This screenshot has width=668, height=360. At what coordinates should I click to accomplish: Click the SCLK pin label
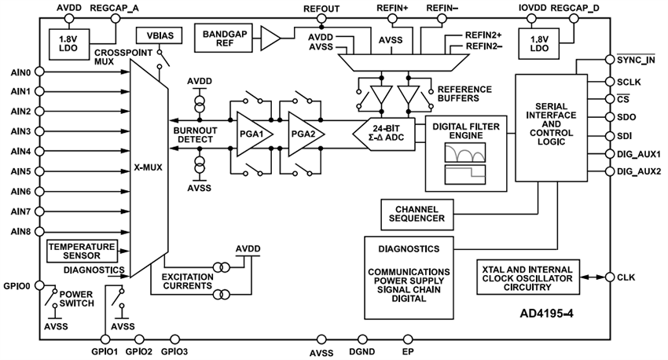pos(631,81)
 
